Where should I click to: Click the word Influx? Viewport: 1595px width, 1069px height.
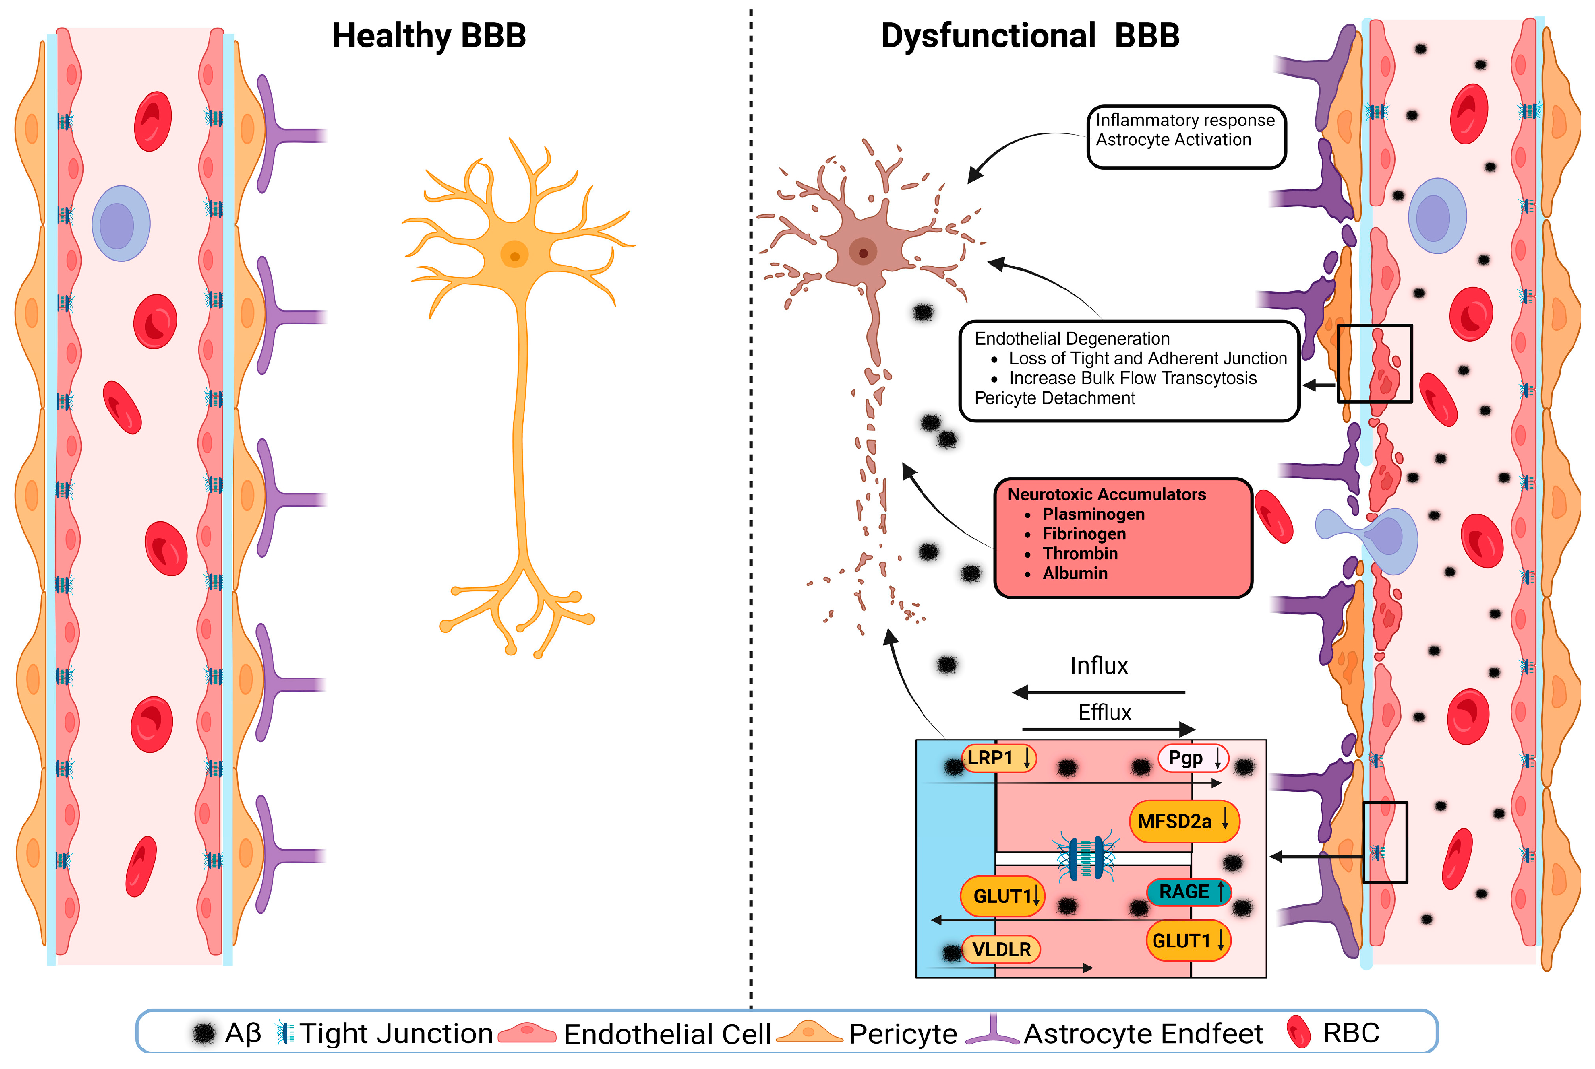click(x=1098, y=665)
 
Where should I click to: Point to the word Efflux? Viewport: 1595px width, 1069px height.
click(x=1104, y=713)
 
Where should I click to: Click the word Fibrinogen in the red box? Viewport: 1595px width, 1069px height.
click(x=1084, y=534)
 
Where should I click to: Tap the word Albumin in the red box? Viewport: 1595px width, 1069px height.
click(x=1075, y=574)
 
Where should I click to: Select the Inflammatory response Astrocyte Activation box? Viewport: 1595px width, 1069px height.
click(x=1185, y=136)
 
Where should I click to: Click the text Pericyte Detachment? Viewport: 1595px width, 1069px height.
click(x=1054, y=398)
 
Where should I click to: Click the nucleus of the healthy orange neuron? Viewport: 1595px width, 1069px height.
click(x=514, y=256)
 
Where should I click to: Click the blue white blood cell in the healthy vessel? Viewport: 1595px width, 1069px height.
click(x=121, y=224)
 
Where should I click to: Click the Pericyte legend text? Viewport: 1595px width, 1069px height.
click(x=902, y=1033)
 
